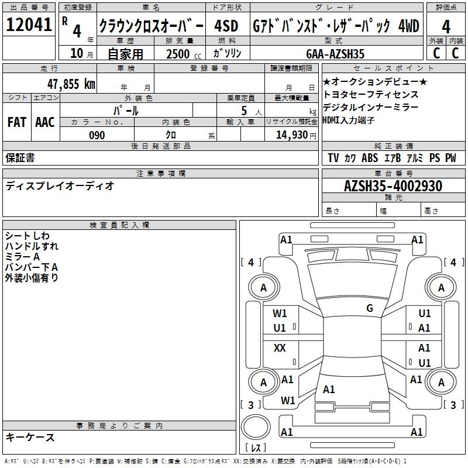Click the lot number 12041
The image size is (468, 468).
29,26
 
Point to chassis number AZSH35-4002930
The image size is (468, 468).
393,187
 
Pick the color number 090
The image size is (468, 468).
97,135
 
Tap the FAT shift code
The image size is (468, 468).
16,122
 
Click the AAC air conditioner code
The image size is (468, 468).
45,122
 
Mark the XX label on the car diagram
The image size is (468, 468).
280,348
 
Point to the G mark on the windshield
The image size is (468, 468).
370,308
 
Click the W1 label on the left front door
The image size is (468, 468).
280,314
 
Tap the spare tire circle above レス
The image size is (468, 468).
256,428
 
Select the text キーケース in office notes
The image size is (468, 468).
30,438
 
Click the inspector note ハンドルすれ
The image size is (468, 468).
32,246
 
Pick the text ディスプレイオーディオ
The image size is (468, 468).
60,186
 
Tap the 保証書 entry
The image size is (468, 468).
20,158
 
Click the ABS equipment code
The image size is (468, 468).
370,158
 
